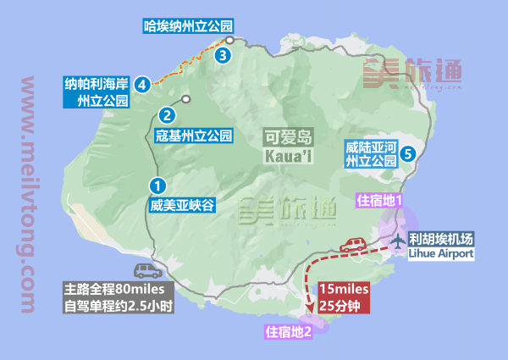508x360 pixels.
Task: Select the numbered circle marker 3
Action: (x=222, y=56)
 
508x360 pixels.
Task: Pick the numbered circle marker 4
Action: (x=142, y=84)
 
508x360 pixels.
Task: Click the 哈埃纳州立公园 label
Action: (x=188, y=26)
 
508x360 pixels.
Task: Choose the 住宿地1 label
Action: (x=379, y=201)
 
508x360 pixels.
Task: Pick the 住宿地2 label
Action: (x=290, y=331)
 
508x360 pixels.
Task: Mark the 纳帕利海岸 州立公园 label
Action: (x=97, y=92)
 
